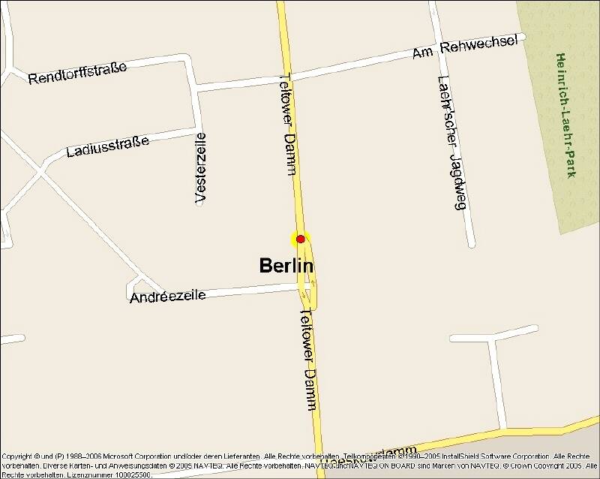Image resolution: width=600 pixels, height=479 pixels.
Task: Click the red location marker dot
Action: click(x=301, y=239)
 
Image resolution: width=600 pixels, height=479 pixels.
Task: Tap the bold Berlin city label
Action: click(x=286, y=266)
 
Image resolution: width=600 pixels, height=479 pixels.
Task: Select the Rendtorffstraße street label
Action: click(x=77, y=73)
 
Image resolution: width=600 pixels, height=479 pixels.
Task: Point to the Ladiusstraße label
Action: click(x=109, y=145)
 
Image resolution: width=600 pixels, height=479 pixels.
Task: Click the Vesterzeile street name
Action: click(x=200, y=167)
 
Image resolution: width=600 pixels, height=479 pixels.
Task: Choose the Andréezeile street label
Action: click(x=167, y=297)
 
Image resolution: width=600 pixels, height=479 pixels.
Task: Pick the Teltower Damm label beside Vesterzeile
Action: click(x=289, y=124)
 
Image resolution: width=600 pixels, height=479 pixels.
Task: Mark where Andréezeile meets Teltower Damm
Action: click(x=304, y=288)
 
